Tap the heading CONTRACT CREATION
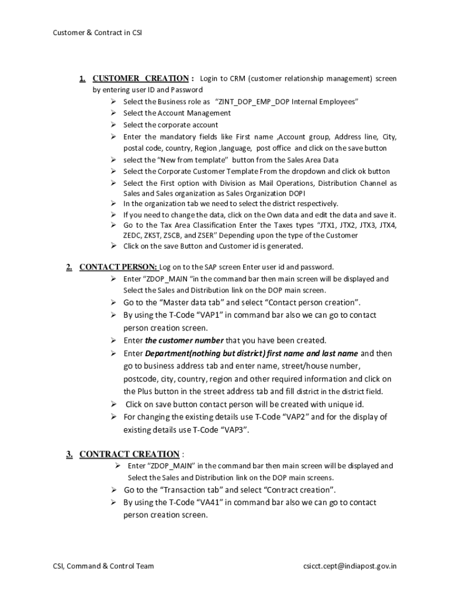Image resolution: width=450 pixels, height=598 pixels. click(129, 454)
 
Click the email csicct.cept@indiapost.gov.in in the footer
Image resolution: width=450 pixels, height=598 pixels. click(349, 565)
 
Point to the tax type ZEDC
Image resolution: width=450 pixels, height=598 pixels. click(134, 235)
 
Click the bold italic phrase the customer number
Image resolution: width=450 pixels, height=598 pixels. click(184, 340)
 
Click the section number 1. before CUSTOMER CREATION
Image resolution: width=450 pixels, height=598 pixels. click(83, 78)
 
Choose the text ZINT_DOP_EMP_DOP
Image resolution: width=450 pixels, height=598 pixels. click(255, 102)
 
